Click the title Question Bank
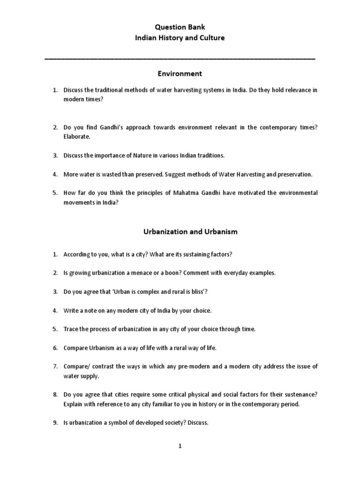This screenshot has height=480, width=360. (x=180, y=27)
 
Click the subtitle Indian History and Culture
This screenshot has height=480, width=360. (x=180, y=37)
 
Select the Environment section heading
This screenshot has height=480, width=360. (x=180, y=74)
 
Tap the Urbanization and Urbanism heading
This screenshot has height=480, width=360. (x=180, y=231)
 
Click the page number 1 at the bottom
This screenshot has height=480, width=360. (x=180, y=446)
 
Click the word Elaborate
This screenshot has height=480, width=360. (x=76, y=136)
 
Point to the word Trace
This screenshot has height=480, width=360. (x=71, y=329)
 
